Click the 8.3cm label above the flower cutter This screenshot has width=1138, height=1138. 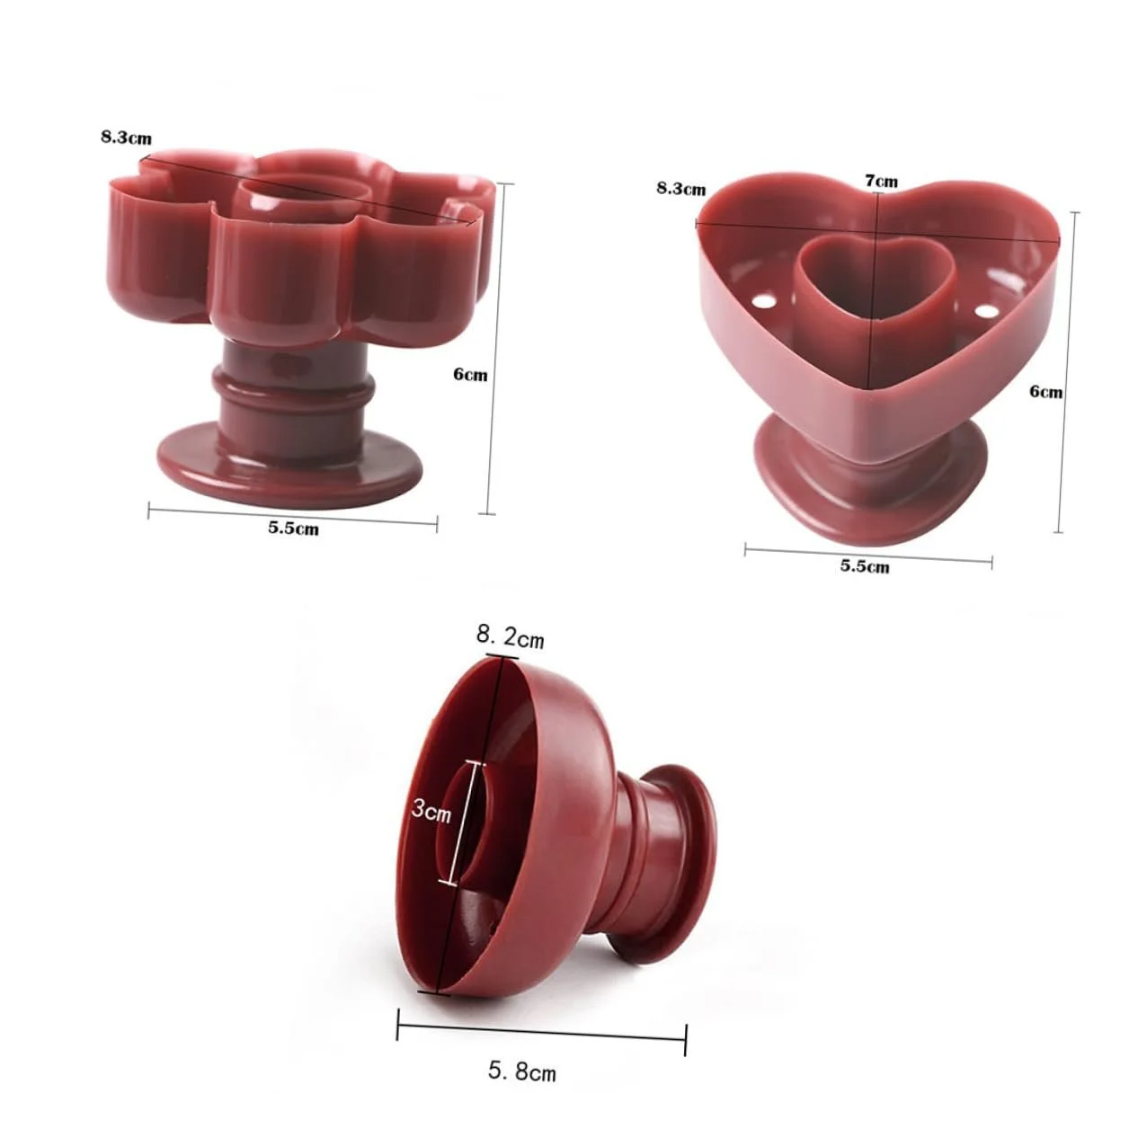(x=126, y=138)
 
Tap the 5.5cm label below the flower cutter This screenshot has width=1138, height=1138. (x=294, y=528)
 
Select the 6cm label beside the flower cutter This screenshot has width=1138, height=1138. (x=471, y=375)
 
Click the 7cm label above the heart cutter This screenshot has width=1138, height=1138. (x=882, y=181)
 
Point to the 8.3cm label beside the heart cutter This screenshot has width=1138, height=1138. (x=680, y=189)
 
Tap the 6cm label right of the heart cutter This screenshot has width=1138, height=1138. (x=1046, y=392)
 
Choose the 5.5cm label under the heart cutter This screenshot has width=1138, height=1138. (x=865, y=566)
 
